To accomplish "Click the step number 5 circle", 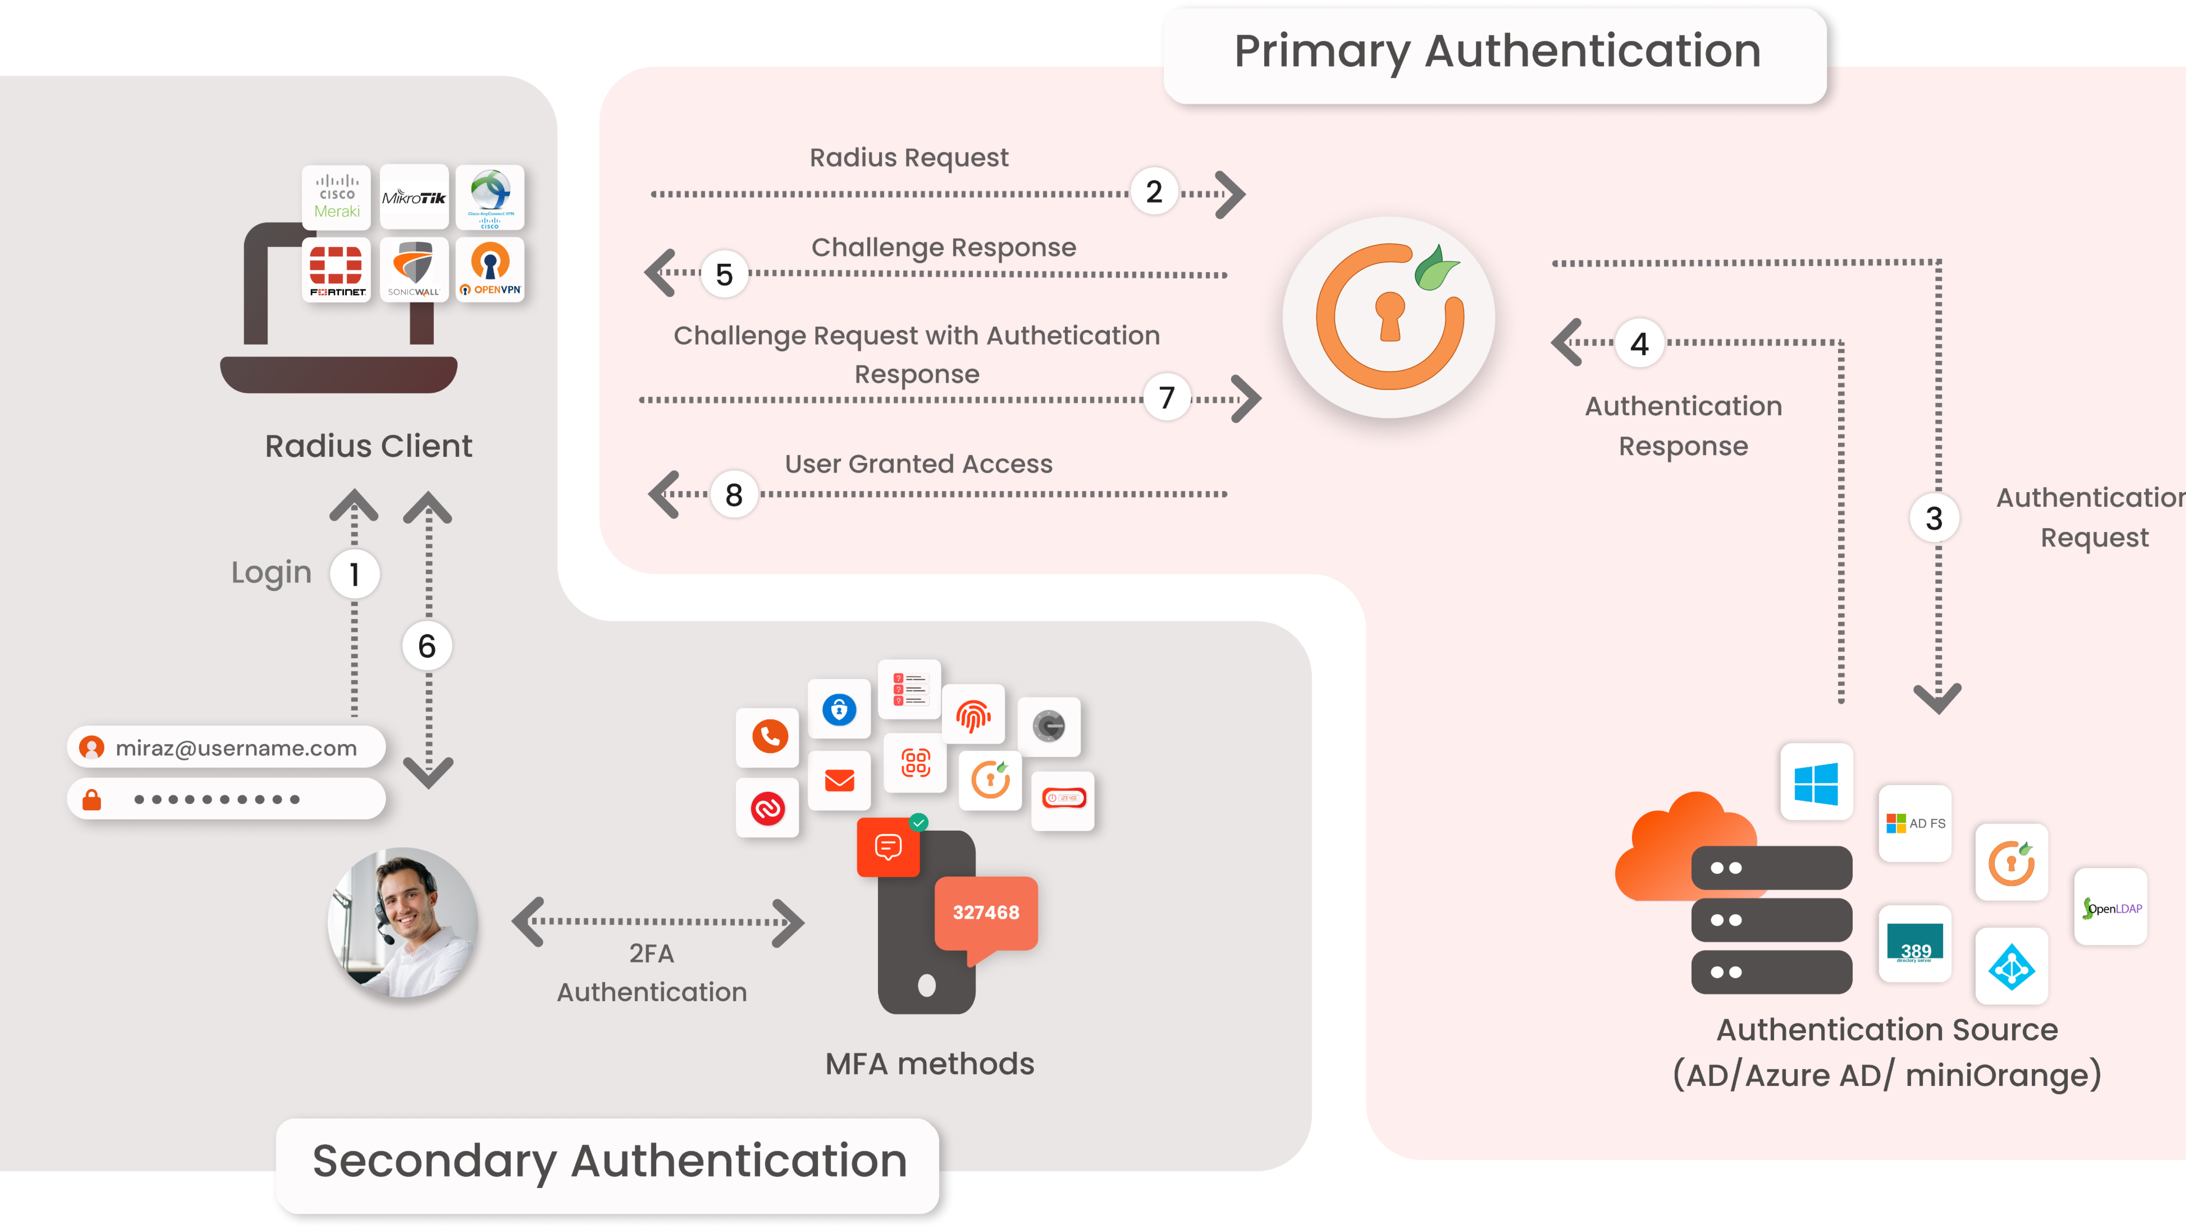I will [x=724, y=274].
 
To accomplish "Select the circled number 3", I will [x=1934, y=518].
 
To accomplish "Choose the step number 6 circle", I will [x=427, y=646].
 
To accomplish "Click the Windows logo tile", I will [x=1816, y=782].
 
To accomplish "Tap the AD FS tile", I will [x=1915, y=823].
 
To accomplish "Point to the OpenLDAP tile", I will [x=2110, y=908].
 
